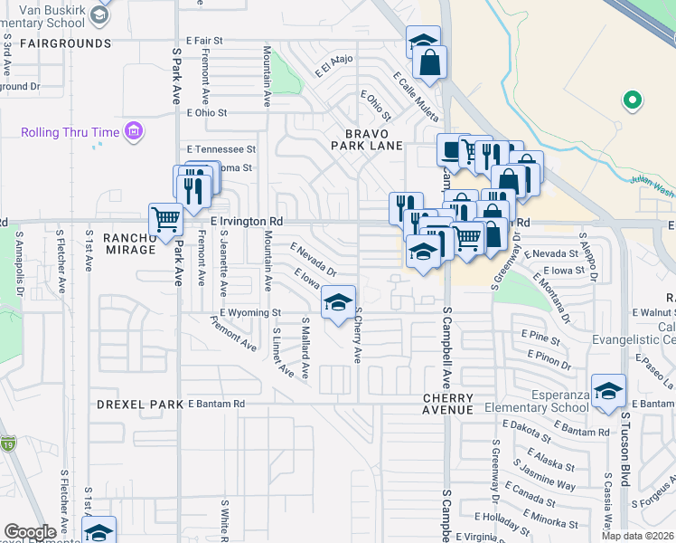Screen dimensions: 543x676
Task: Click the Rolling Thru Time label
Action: point(70,132)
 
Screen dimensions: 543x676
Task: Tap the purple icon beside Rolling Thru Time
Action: point(134,132)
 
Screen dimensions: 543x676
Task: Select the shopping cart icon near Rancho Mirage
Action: point(165,219)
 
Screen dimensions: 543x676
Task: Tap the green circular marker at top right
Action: point(633,100)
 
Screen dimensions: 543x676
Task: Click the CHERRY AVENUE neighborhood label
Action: point(447,404)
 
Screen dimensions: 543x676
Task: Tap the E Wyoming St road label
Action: point(251,313)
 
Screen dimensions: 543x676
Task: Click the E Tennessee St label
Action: point(221,148)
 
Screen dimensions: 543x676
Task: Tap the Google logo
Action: point(30,532)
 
